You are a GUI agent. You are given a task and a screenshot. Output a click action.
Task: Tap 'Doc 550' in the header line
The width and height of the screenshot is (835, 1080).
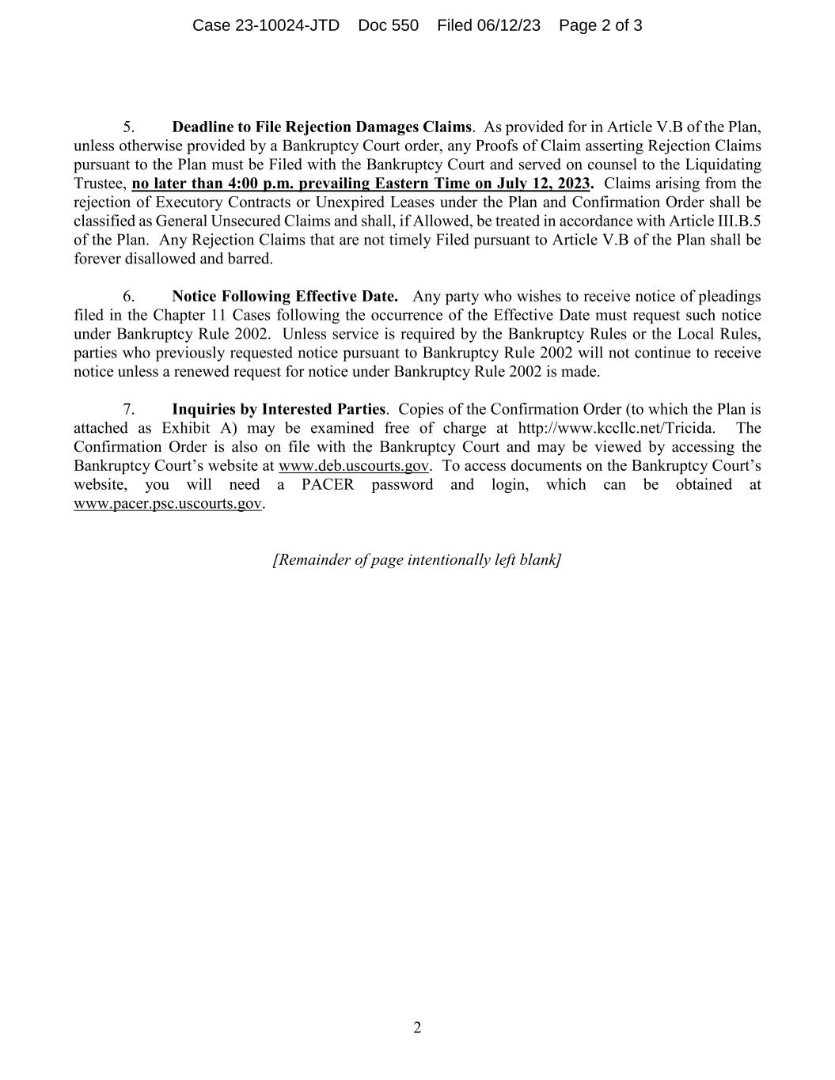pos(388,25)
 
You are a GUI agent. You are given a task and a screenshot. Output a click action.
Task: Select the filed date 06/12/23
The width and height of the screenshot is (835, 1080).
pos(508,25)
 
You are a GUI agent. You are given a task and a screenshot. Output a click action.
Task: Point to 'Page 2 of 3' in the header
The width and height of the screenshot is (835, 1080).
pos(600,25)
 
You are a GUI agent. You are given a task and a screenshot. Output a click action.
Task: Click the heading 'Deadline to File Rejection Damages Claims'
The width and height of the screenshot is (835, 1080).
pos(321,127)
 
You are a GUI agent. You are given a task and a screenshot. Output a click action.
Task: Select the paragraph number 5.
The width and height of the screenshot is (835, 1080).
pos(128,127)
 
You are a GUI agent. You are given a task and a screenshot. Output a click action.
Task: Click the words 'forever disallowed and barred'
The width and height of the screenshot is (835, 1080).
pos(173,259)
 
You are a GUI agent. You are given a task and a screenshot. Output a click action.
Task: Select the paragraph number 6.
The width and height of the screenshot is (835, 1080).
pos(128,297)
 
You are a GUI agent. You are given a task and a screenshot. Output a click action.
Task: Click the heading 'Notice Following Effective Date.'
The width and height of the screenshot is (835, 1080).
pos(284,297)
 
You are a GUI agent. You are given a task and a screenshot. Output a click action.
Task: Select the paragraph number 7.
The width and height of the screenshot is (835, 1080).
pos(128,410)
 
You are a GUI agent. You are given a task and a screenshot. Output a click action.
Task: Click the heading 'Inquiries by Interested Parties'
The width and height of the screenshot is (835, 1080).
pos(279,410)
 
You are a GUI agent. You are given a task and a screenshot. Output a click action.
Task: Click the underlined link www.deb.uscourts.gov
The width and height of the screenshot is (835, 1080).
pos(353,466)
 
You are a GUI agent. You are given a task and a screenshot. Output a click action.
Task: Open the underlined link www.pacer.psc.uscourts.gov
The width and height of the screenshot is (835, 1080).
pos(167,504)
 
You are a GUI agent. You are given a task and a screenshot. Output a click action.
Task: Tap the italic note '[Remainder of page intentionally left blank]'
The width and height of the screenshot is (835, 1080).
pos(417,560)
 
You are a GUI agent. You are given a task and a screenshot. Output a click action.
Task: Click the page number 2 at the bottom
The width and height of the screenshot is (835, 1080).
pos(417,1028)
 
